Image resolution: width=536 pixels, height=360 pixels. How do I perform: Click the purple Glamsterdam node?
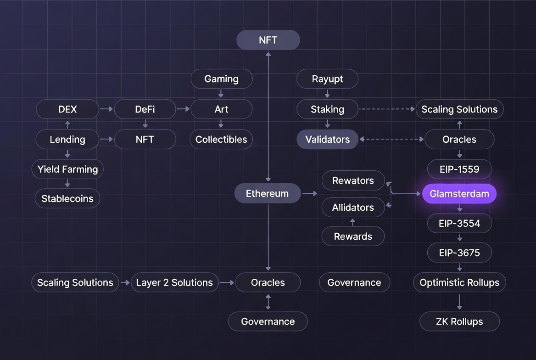click(459, 194)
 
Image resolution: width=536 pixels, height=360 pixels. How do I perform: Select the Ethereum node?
click(267, 194)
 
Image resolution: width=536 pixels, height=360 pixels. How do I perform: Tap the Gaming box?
click(221, 79)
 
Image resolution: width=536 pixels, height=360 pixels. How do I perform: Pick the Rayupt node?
click(327, 79)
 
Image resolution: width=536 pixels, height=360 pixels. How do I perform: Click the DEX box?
click(67, 109)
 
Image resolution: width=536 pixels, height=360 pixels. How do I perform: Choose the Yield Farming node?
click(67, 169)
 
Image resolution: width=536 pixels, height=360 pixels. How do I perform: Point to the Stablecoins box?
click(67, 199)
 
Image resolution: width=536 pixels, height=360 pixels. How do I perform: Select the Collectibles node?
click(221, 140)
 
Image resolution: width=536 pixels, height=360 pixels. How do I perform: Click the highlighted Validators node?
click(327, 140)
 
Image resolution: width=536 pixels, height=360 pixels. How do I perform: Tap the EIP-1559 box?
click(459, 169)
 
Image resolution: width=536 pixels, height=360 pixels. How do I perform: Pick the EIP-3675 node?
click(459, 253)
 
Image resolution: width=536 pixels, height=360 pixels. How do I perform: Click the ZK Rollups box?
click(459, 321)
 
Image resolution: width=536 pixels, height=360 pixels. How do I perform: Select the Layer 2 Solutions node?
click(174, 282)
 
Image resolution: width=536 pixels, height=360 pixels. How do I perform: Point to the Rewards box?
click(353, 236)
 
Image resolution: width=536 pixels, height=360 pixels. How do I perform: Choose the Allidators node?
click(353, 208)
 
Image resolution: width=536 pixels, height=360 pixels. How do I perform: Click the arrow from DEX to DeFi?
click(106, 109)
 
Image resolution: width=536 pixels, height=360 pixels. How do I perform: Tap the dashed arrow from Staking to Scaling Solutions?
click(387, 109)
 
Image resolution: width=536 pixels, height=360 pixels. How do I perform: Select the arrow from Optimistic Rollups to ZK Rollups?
click(459, 302)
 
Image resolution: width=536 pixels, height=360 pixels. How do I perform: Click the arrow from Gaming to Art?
click(221, 94)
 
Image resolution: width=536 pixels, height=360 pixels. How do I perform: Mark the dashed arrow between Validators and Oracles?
click(391, 139)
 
